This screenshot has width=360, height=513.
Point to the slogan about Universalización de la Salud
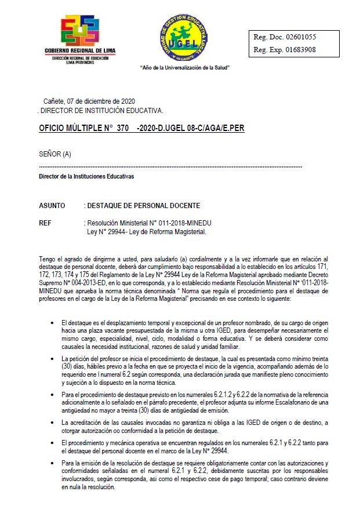(185, 68)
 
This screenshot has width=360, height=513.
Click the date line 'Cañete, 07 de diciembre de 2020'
(89, 101)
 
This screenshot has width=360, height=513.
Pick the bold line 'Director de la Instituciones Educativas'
(86, 176)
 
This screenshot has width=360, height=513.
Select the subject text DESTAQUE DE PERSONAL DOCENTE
(144, 206)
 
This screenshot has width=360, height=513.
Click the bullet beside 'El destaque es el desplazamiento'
(53, 322)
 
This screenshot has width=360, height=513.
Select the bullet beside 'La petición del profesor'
(53, 359)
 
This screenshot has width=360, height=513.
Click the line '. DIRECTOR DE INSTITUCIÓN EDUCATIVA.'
(100, 110)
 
